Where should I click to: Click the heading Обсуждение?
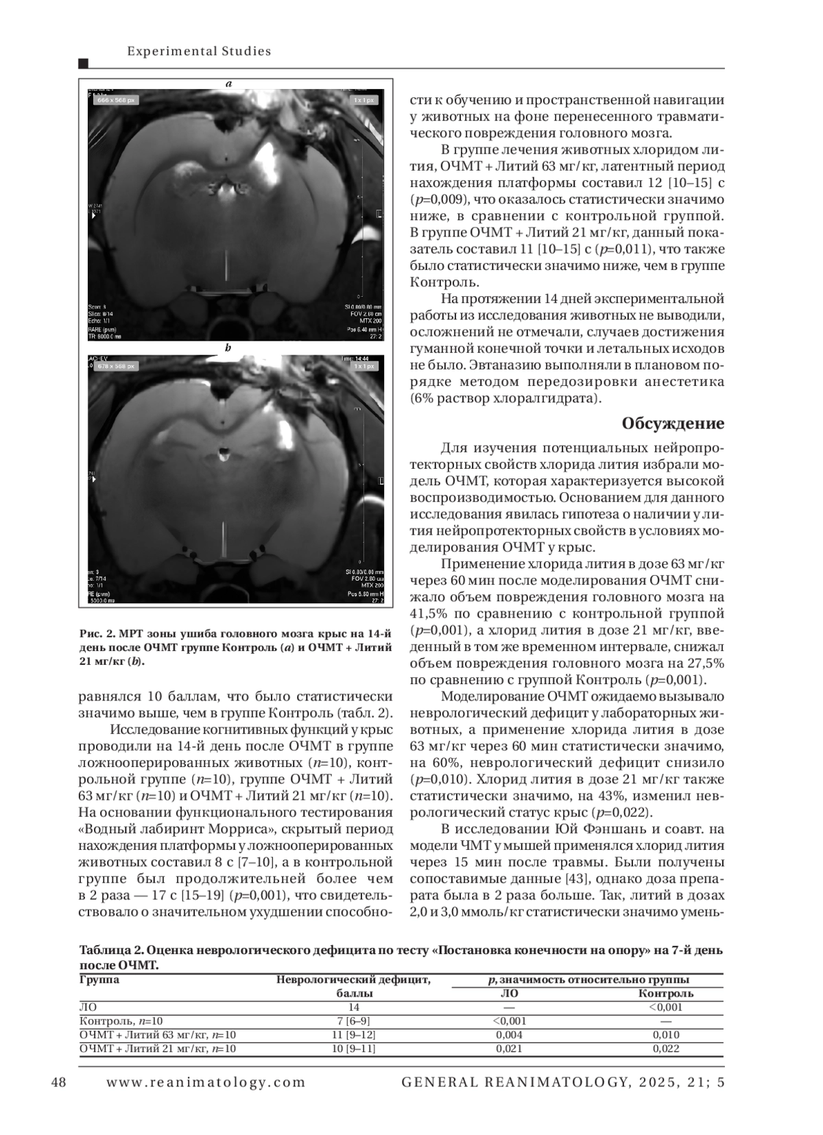coord(672,424)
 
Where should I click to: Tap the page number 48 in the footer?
coord(59,1082)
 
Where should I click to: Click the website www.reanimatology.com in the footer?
coord(206,1082)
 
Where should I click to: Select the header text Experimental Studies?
coord(200,51)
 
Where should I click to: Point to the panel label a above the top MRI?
coord(229,84)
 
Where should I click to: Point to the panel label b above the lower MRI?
coord(228,347)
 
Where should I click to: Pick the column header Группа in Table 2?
coord(99,979)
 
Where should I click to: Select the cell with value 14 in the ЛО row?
coord(354,1007)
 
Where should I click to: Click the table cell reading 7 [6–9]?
coord(354,1021)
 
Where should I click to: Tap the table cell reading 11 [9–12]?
coord(354,1034)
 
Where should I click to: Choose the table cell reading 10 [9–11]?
coord(354,1048)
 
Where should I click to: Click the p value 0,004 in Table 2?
coord(509,1034)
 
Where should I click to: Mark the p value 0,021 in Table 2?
coord(509,1048)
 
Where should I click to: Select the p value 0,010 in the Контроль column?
coord(665,1034)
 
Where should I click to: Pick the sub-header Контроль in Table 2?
coord(665,993)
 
